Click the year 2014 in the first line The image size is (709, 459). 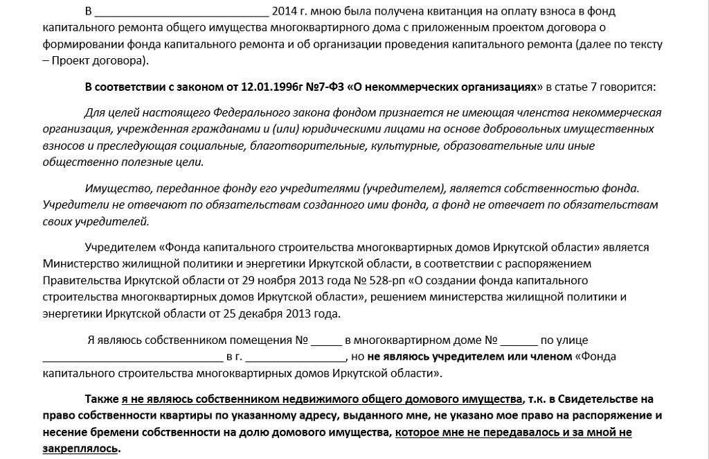click(286, 11)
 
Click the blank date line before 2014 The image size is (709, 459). click(181, 12)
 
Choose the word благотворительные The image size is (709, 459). click(321, 146)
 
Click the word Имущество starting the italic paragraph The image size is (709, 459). click(116, 189)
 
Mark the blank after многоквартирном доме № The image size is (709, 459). click(519, 341)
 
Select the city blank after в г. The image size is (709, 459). click(296, 358)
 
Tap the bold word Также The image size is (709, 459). click(102, 399)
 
